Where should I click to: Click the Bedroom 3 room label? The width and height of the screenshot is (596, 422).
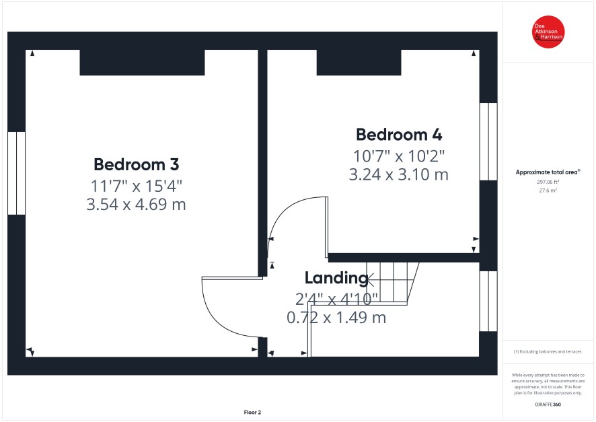tap(136, 165)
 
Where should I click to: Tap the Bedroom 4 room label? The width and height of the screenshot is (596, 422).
tap(399, 135)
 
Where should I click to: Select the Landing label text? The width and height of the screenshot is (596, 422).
tap(336, 278)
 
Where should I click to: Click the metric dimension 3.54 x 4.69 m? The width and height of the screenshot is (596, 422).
tap(136, 205)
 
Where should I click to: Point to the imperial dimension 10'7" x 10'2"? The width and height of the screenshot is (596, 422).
tap(399, 156)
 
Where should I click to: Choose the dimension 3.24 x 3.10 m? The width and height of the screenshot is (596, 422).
tap(399, 174)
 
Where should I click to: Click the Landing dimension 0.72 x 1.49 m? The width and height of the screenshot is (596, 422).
tap(336, 318)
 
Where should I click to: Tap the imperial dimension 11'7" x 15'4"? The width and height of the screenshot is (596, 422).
tap(136, 186)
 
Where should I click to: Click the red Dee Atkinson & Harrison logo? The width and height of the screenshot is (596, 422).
tap(548, 32)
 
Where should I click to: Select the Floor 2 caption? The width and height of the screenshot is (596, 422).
tap(252, 412)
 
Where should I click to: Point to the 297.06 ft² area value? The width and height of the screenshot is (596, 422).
tap(548, 182)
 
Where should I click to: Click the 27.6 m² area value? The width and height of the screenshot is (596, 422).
tap(548, 190)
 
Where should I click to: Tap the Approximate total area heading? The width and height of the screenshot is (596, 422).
tap(548, 172)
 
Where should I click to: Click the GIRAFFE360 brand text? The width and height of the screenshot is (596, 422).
tap(548, 405)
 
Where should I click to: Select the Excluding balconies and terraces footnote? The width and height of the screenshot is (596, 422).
tap(548, 351)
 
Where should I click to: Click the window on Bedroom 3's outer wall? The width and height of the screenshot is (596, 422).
tap(16, 174)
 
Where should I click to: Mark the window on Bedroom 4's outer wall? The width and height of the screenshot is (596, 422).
tap(488, 141)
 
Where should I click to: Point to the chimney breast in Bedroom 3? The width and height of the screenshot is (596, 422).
tap(142, 63)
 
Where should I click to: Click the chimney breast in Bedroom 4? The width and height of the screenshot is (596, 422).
tap(359, 63)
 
